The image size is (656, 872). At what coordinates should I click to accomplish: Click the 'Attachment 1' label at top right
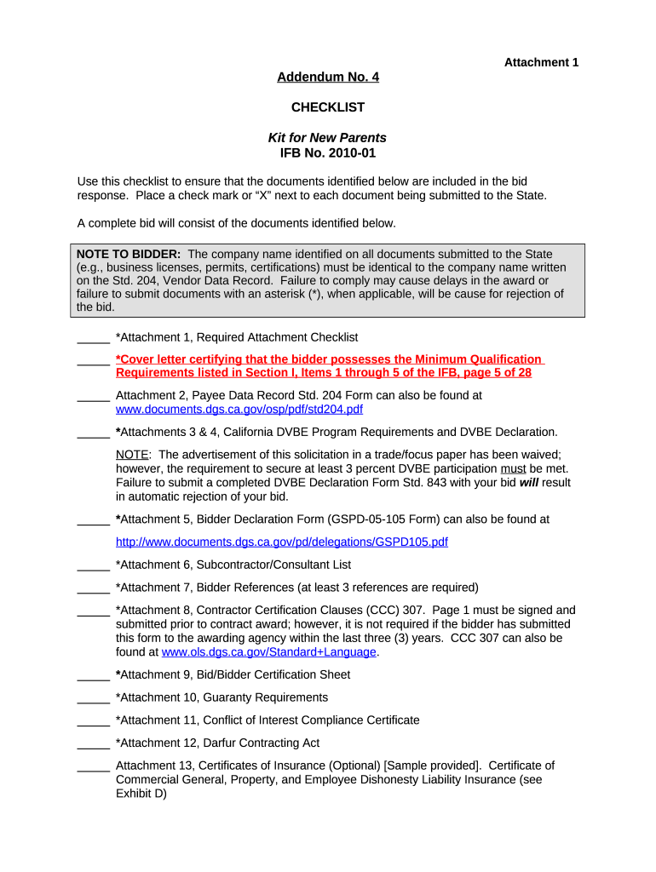(541, 62)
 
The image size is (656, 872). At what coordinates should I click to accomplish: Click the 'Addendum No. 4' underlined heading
(328, 77)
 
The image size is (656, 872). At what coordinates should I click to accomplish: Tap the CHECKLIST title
(328, 107)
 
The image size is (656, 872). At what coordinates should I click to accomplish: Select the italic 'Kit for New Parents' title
(327, 137)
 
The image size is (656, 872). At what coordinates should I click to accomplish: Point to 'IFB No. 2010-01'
(328, 153)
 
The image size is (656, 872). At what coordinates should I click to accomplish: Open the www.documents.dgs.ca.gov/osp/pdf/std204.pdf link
(239, 409)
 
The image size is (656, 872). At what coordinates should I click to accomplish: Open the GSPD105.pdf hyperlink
(281, 542)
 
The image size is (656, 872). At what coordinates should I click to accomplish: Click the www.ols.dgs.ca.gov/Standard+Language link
(268, 651)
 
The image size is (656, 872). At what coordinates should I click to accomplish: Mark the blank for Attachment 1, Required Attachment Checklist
(93, 338)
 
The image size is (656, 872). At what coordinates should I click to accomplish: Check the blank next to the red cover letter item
(93, 360)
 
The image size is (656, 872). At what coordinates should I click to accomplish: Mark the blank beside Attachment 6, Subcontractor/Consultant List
(93, 565)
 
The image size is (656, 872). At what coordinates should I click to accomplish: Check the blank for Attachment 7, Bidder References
(93, 588)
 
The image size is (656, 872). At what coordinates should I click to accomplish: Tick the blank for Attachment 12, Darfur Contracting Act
(93, 743)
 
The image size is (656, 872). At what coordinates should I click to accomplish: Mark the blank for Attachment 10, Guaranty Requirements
(93, 698)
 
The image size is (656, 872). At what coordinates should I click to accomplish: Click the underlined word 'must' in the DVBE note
(513, 468)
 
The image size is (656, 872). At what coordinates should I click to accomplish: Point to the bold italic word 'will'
(529, 482)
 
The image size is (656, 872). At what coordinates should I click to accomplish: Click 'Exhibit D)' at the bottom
(141, 793)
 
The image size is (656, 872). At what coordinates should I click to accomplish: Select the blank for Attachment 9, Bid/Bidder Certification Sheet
(93, 675)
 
